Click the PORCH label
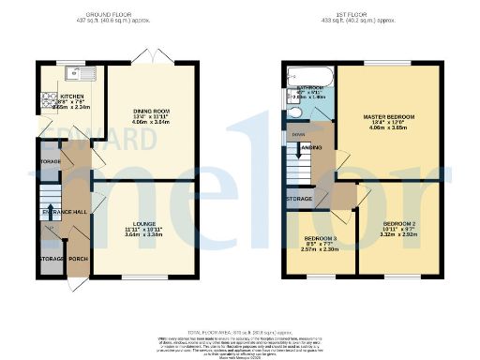click(77, 259)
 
